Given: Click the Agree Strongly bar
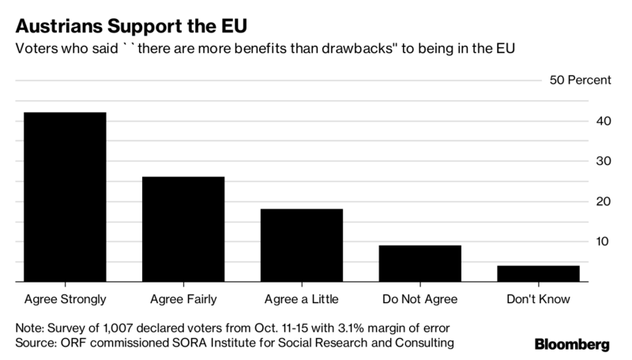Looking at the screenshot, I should [x=66, y=197].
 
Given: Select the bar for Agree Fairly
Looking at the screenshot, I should [x=184, y=229].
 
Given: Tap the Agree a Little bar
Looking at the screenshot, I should [x=303, y=245].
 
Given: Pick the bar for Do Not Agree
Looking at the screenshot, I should [x=421, y=263].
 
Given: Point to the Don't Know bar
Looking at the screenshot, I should [x=540, y=273].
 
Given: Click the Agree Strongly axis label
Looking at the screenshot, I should [x=66, y=299].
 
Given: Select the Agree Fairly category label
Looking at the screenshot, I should [x=184, y=299].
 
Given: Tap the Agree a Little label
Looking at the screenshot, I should [x=303, y=299].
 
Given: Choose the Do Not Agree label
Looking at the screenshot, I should [x=421, y=299].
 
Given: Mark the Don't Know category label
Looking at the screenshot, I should [x=540, y=299].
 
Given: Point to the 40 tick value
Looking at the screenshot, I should [x=603, y=122].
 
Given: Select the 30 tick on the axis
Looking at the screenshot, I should [x=603, y=161].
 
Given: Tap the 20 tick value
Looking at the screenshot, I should [x=603, y=201].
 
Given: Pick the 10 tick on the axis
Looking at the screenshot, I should [x=603, y=242].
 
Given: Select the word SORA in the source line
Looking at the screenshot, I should [x=186, y=343].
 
